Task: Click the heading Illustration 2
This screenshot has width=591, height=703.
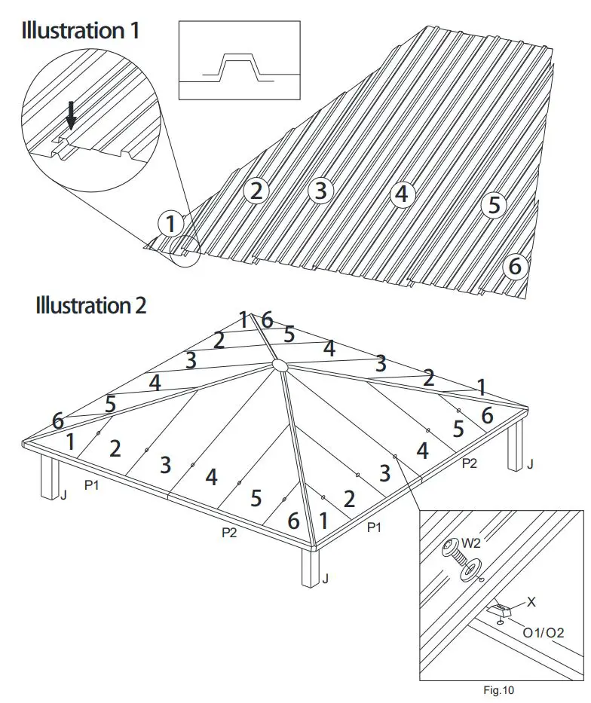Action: (x=90, y=305)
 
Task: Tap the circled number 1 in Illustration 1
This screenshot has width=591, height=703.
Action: (x=171, y=223)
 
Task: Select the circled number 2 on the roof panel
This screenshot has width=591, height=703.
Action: (x=256, y=191)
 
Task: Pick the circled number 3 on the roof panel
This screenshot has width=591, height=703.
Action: (x=321, y=191)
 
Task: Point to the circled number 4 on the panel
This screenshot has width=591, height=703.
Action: (x=403, y=194)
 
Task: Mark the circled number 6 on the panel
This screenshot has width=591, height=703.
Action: (x=516, y=266)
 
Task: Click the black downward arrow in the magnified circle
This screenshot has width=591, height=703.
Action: (x=72, y=116)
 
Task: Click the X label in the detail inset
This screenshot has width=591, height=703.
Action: (x=531, y=602)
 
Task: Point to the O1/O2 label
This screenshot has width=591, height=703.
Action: (x=544, y=633)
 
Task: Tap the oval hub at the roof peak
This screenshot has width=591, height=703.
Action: (x=279, y=365)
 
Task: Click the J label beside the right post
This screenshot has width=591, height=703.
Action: (x=531, y=465)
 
